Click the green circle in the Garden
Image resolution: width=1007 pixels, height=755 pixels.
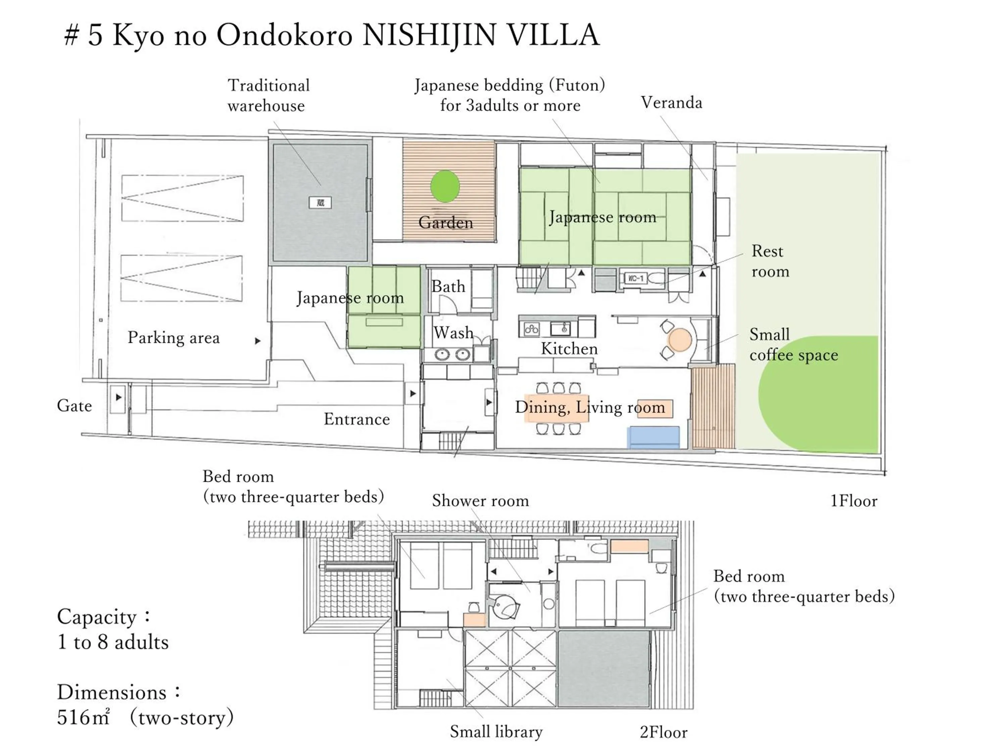[445, 186]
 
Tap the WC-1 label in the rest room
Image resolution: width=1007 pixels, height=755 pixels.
[636, 278]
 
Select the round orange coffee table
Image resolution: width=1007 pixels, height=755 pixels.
[680, 340]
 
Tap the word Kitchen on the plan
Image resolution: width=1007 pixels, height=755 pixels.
[569, 349]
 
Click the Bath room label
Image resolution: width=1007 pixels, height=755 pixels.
[448, 287]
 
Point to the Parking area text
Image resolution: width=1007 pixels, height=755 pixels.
[174, 338]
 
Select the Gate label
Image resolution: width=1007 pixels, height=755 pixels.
[74, 405]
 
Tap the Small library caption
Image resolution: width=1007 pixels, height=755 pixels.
[496, 731]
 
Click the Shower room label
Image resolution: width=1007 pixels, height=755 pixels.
[480, 501]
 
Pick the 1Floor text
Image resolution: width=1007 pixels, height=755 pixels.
[854, 501]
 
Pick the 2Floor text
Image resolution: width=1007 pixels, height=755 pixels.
[663, 732]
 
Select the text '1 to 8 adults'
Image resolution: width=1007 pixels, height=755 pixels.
[113, 642]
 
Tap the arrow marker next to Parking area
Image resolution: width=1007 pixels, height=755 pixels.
[258, 340]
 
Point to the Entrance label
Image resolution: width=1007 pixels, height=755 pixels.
[356, 419]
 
